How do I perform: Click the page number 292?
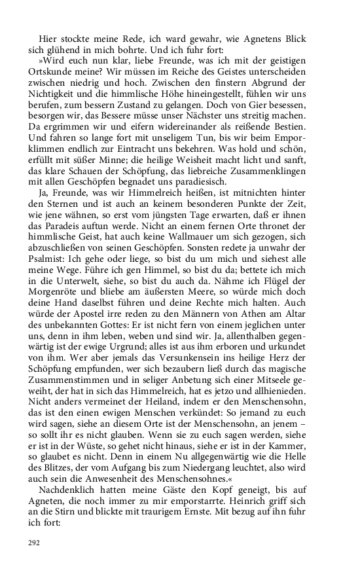(x=34, y=543)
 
